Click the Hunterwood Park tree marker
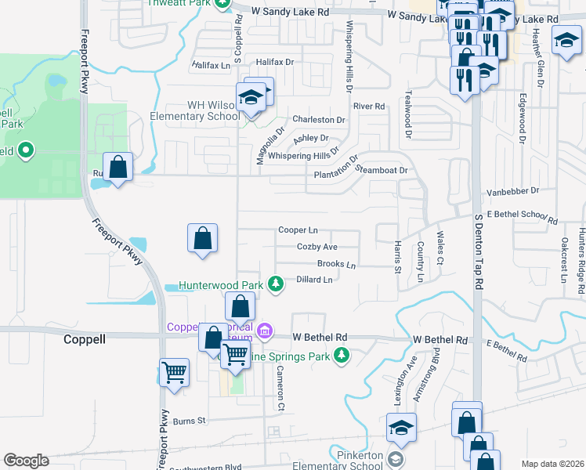[x=275, y=284]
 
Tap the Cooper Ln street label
[x=298, y=230]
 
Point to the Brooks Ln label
[x=336, y=265]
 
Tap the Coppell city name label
[x=85, y=340]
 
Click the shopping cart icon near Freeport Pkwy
[x=174, y=372]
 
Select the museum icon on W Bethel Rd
[x=265, y=331]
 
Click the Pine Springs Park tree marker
[x=342, y=356]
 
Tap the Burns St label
[x=189, y=421]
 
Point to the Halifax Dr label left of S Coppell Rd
[x=210, y=62]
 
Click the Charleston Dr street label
[x=319, y=120]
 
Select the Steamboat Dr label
[x=383, y=171]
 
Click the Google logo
[x=26, y=461]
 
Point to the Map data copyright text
[x=552, y=464]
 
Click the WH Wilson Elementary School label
[x=201, y=110]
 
